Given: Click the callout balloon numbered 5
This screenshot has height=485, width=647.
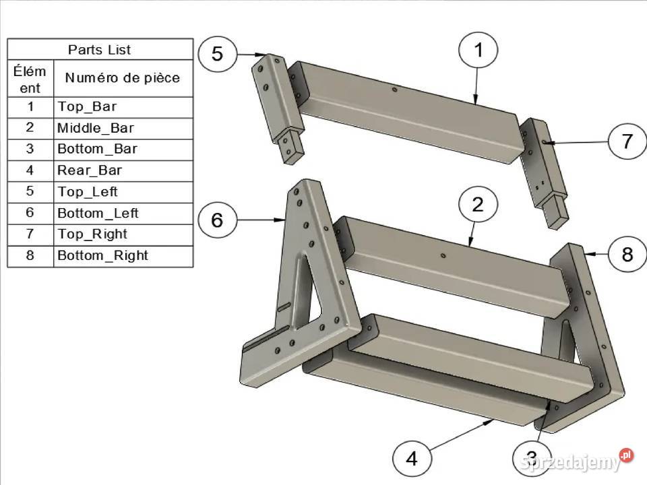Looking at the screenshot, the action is tap(218, 54).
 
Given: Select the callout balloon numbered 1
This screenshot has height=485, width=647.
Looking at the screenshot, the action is tap(478, 50).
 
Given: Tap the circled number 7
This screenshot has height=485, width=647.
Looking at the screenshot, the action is tap(627, 141).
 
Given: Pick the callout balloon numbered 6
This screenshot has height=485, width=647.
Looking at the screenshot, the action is tap(218, 220).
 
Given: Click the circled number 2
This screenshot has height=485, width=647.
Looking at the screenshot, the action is tap(478, 205).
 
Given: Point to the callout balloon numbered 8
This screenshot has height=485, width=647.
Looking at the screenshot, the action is tap(627, 254).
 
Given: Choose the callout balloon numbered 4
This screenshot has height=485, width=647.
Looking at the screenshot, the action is tap(412, 458).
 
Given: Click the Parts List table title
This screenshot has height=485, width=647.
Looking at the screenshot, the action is tap(100, 50).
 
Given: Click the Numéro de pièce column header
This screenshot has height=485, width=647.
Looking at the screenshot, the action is tap(123, 78).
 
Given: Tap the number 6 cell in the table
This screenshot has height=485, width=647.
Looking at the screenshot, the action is tap(30, 212).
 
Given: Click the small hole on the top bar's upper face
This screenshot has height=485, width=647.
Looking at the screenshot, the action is tap(394, 89).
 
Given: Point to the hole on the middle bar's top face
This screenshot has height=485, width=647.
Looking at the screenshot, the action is tap(443, 256).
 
